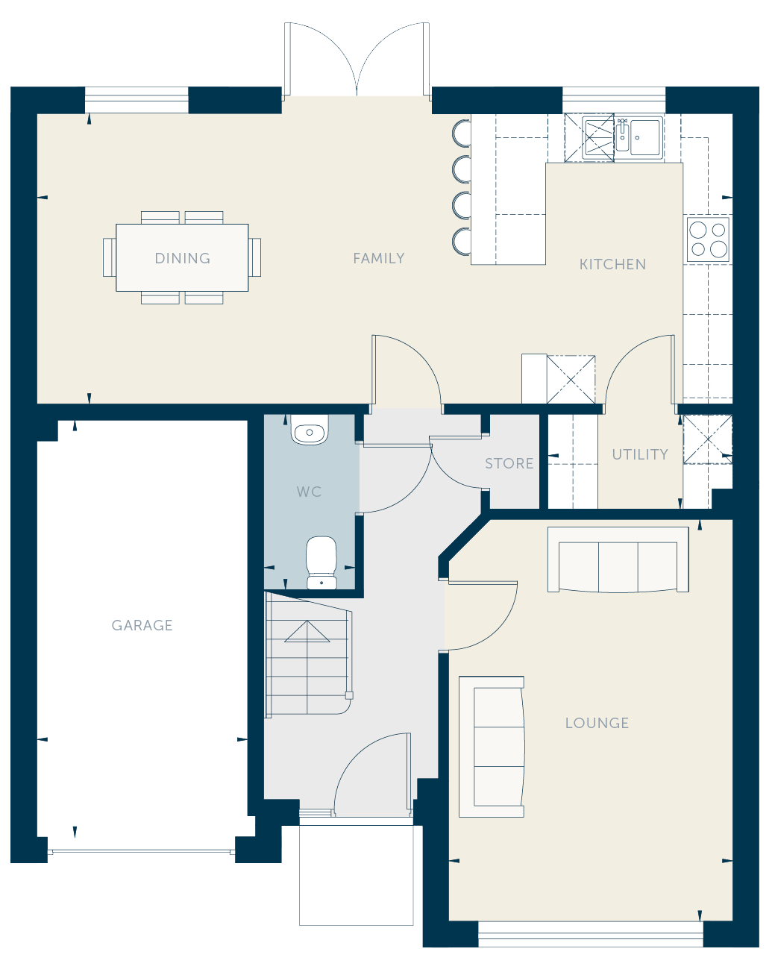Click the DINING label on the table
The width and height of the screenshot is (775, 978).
(x=183, y=258)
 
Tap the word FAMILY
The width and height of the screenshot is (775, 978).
(x=379, y=258)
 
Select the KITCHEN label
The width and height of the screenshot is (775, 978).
(x=612, y=264)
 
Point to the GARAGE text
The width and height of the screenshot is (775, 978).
(x=142, y=625)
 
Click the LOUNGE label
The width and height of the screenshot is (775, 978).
(x=597, y=723)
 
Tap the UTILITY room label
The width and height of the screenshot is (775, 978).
(x=640, y=454)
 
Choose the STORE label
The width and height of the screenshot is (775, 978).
(x=509, y=463)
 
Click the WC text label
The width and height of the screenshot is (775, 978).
(x=309, y=492)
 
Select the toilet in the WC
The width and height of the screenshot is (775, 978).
(x=321, y=562)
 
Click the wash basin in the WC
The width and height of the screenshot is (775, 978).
(x=309, y=430)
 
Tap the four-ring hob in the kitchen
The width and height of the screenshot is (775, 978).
(x=708, y=239)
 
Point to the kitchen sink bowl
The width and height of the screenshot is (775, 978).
(x=644, y=137)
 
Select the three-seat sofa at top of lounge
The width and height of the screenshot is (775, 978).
(x=618, y=560)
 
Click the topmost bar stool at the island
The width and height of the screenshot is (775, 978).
(x=462, y=133)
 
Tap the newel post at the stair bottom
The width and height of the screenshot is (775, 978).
(x=349, y=695)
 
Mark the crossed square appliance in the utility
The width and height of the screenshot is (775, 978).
(x=708, y=439)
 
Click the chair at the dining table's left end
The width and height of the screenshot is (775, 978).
(x=110, y=257)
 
